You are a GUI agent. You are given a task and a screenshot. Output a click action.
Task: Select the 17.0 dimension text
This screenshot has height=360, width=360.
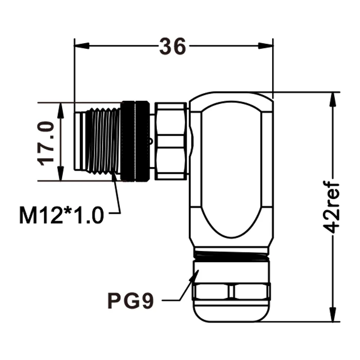point(47,142)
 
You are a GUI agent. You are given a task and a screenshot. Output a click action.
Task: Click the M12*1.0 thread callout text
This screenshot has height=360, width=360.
point(61,214)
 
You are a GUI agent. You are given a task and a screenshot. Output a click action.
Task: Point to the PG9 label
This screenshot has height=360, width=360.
point(130,299)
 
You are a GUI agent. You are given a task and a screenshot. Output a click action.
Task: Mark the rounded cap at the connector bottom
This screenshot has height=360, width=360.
point(231,312)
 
